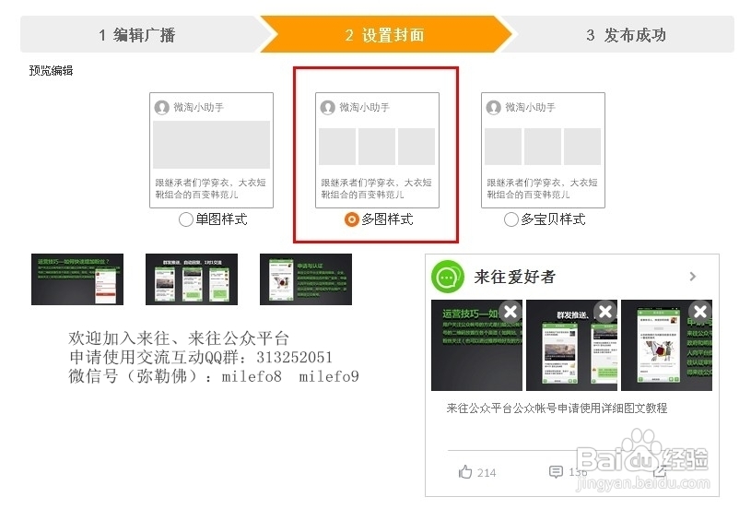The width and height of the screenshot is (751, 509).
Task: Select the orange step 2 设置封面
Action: tap(384, 35)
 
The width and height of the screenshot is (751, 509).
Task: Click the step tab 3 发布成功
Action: tap(626, 35)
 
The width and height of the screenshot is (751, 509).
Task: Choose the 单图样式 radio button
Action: tap(186, 219)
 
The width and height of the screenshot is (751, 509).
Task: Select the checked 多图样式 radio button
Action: tap(351, 219)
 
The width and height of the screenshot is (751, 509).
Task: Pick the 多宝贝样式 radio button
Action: tap(511, 219)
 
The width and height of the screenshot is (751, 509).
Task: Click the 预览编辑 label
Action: tap(51, 70)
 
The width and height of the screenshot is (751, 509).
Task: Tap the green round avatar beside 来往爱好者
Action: tap(448, 277)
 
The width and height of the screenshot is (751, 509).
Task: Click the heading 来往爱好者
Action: tap(514, 277)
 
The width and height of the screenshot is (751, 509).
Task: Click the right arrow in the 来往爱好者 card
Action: tap(693, 277)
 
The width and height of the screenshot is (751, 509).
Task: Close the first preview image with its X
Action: tap(509, 312)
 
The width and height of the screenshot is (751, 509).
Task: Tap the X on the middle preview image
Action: tap(604, 312)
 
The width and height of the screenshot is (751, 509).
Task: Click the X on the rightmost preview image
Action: tap(700, 312)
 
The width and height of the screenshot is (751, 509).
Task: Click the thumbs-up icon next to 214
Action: tap(465, 472)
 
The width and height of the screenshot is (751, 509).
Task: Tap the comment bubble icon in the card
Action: tap(556, 472)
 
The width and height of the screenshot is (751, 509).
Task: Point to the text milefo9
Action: tap(329, 376)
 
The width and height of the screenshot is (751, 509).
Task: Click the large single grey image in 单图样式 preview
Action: tap(211, 145)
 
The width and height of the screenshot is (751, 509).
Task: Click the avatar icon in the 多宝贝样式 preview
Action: tap(493, 108)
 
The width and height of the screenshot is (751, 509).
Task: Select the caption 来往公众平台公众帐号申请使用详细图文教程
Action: tap(557, 408)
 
